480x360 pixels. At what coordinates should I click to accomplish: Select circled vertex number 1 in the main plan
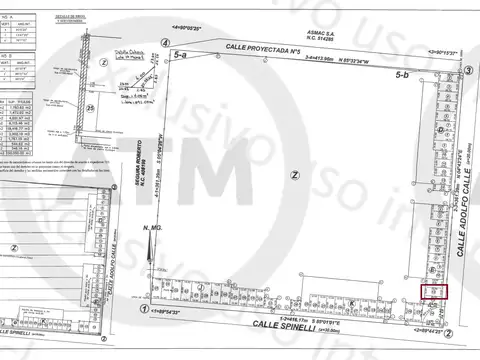pyautogui.click(x=146, y=311)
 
